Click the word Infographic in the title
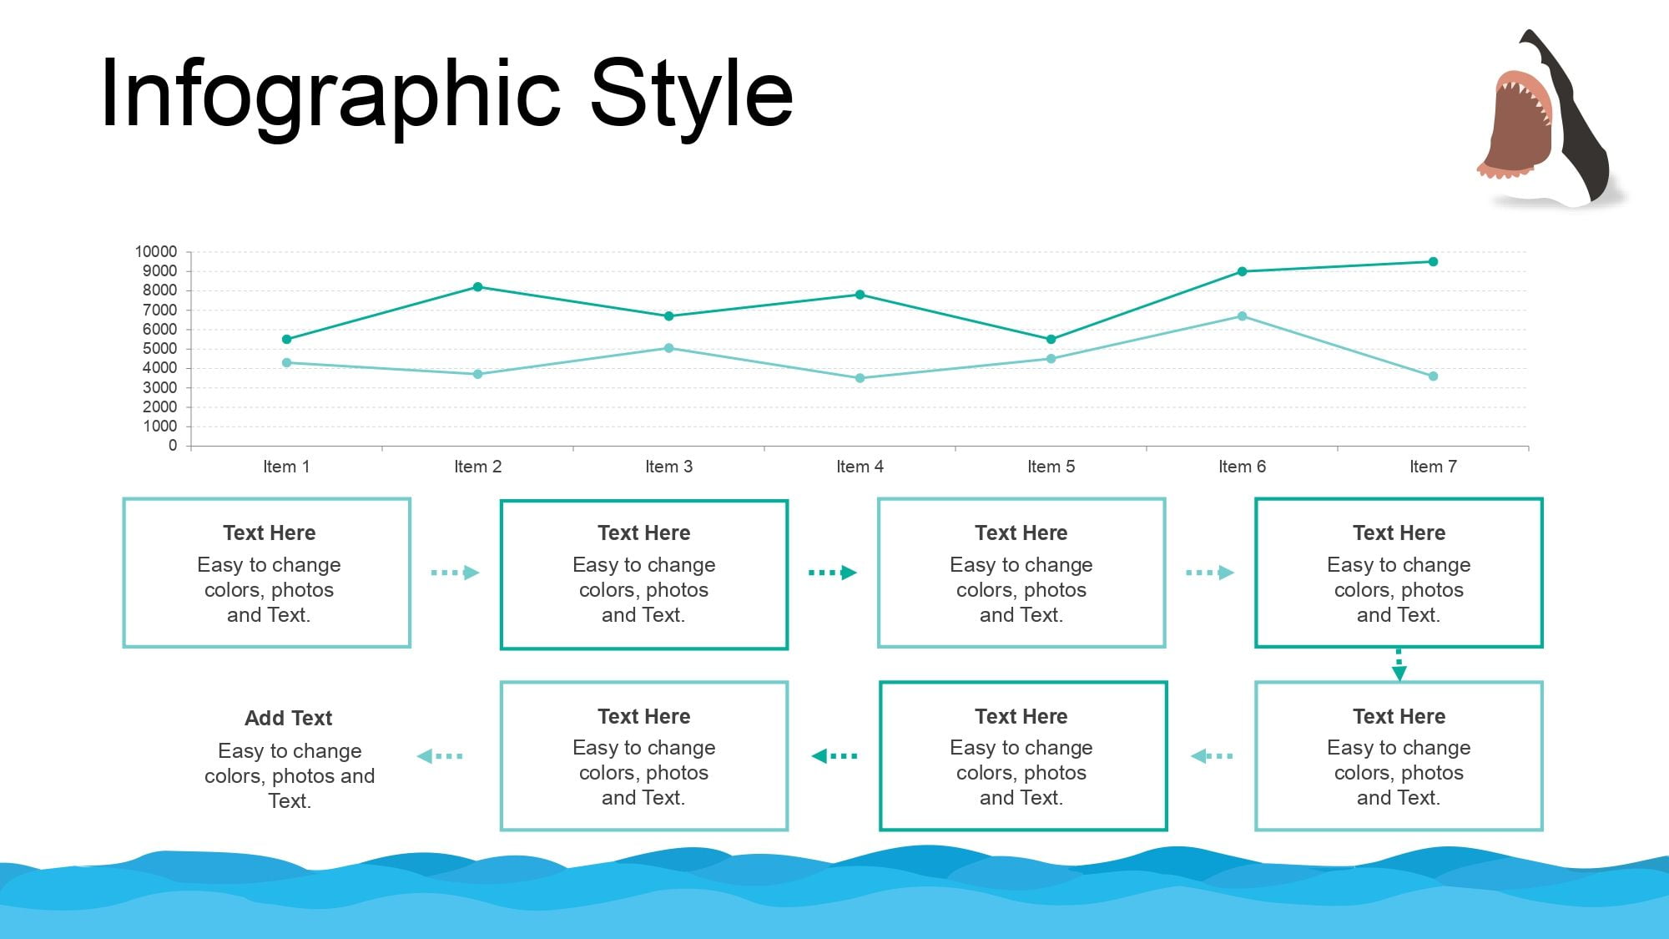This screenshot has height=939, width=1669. pos(330,93)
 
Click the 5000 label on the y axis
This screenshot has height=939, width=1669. pos(159,349)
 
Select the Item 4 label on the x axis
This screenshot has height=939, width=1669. pos(860,467)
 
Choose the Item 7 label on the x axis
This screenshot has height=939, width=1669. pos(1433,467)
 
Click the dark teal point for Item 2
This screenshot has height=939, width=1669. pos(477,287)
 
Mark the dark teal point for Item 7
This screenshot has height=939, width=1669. pos(1433,262)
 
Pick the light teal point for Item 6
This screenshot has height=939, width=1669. pos(1242,316)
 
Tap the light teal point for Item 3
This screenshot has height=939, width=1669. pos(668,348)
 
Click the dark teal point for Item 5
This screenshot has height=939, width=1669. pos(1051,340)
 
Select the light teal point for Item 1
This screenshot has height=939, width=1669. pos(286,363)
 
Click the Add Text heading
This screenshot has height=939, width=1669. pos(289,718)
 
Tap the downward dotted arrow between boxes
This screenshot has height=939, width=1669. pos(1399,664)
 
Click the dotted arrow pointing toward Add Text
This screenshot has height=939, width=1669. pos(440,756)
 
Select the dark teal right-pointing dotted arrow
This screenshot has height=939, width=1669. pos(833,573)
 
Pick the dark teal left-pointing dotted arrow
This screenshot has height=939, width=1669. pos(834,756)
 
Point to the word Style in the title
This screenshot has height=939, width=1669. pos(692,93)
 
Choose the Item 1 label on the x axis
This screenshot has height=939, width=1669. pos(286,467)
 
